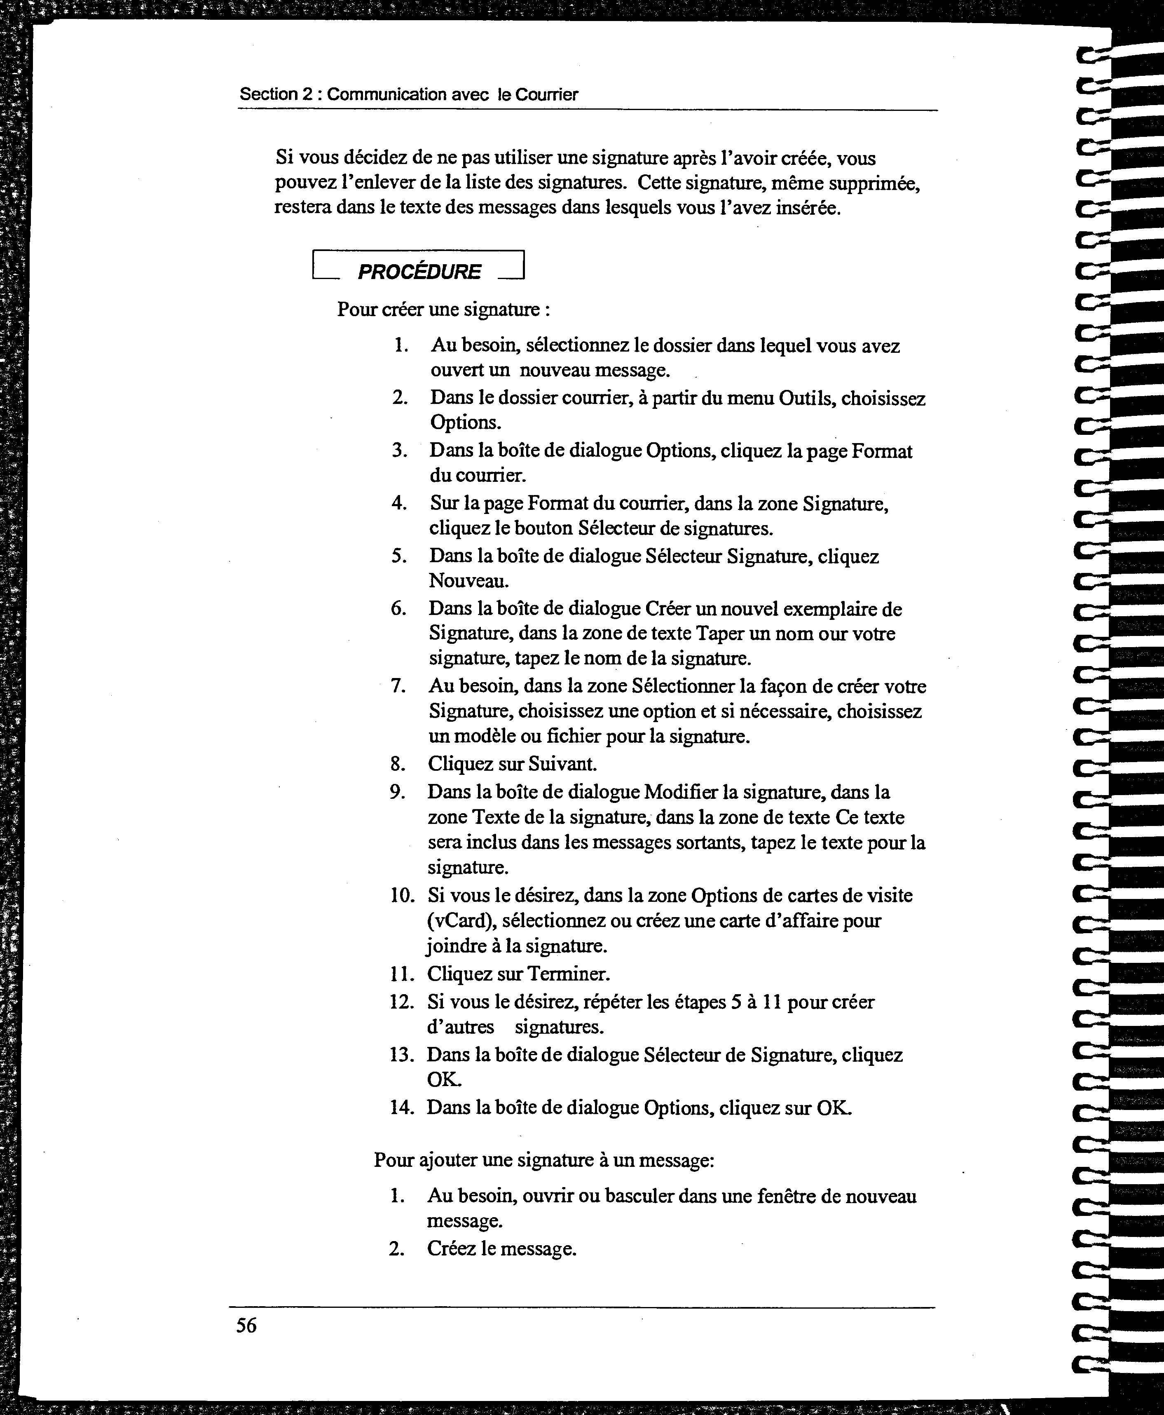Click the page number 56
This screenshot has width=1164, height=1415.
pos(246,1326)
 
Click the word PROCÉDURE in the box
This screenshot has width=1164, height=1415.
pos(419,272)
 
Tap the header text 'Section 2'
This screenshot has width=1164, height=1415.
pos(276,94)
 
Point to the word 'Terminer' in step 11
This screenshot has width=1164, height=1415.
pos(569,973)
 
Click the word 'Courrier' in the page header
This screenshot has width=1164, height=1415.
pos(546,94)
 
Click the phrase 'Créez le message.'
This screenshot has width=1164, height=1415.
pos(501,1249)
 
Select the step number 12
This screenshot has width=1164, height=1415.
pos(401,1002)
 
